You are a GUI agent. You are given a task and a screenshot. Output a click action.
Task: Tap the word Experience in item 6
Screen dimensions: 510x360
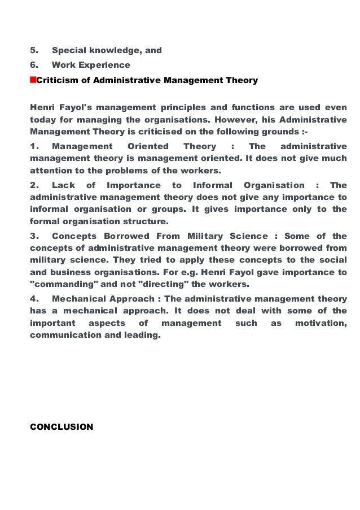tap(105, 65)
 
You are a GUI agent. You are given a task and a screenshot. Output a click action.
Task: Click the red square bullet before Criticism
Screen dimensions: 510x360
tap(32, 80)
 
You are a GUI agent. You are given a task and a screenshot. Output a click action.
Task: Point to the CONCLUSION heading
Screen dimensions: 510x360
tap(61, 427)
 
